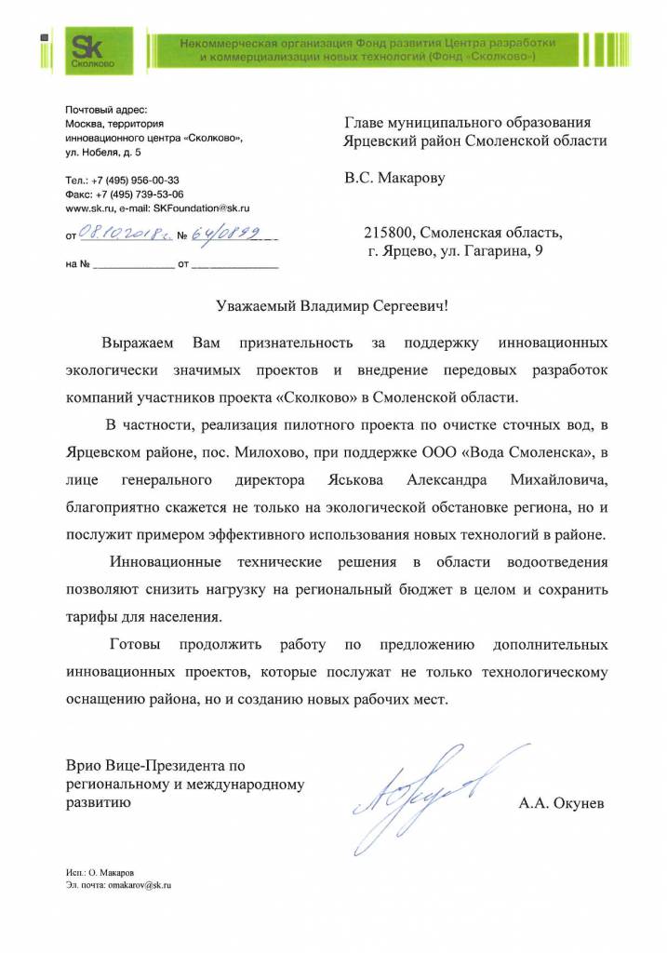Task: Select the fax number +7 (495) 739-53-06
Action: [x=140, y=195]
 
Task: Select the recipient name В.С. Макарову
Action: [x=394, y=178]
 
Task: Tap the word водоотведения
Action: [x=558, y=563]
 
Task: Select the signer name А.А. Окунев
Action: [x=560, y=802]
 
